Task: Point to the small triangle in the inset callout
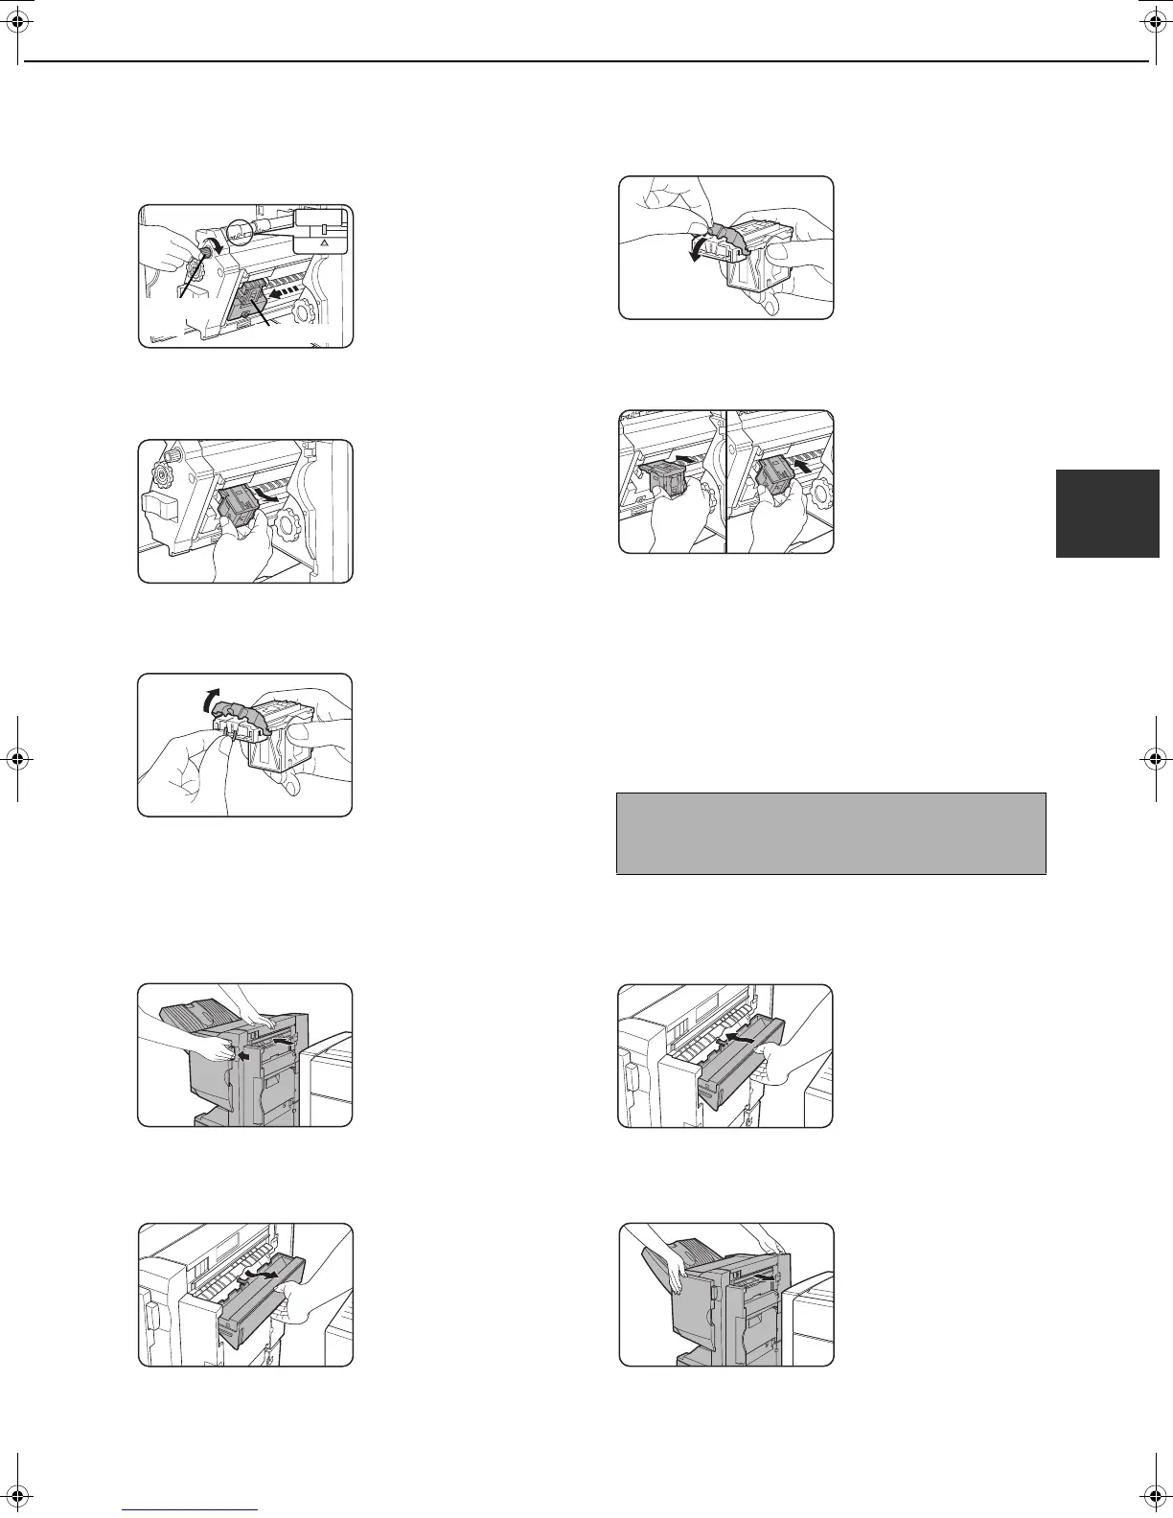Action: click(324, 244)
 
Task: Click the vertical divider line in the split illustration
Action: click(726, 481)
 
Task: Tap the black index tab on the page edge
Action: click(1107, 513)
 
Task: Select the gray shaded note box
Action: click(830, 833)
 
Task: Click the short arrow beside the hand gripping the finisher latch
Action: click(244, 1056)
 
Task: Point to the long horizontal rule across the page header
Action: click(586, 61)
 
